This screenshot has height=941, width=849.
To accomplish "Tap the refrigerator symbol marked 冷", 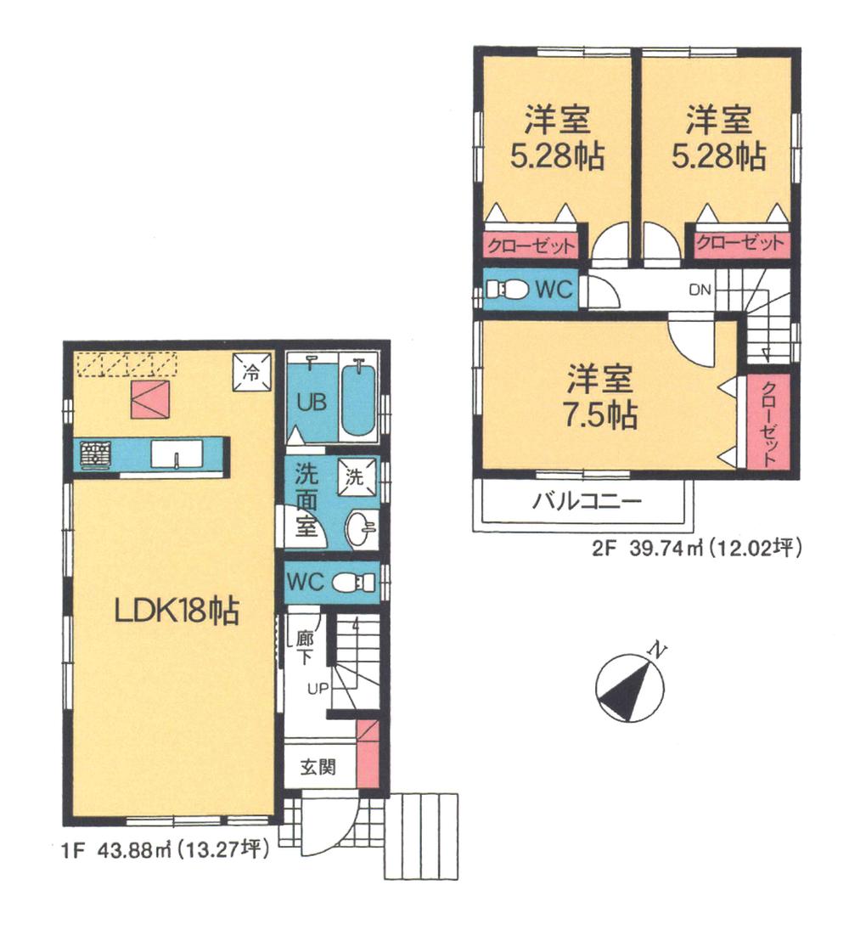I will [x=251, y=370].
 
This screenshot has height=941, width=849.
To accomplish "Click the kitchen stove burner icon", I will [x=95, y=457].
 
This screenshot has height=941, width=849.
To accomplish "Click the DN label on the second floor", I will [x=700, y=290].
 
